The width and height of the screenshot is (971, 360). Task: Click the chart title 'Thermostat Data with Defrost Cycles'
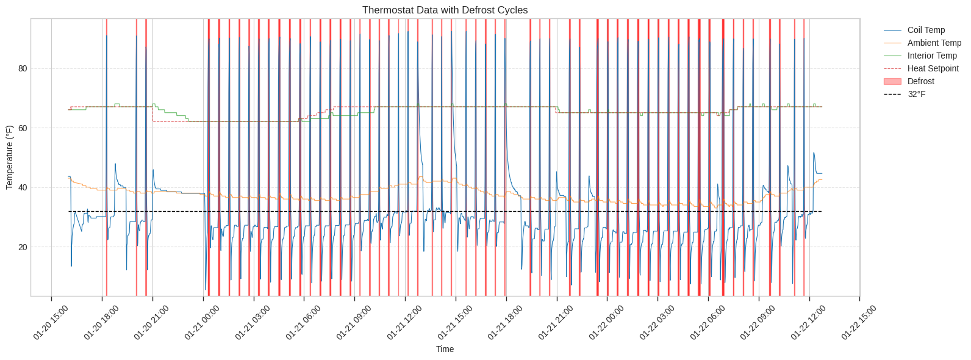pos(445,10)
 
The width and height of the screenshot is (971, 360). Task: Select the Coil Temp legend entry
pos(926,30)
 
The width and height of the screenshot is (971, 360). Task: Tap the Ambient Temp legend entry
pos(934,43)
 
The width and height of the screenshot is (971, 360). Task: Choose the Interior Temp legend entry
pos(932,56)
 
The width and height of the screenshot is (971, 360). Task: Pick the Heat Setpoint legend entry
pos(933,68)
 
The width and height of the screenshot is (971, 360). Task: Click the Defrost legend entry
pos(920,81)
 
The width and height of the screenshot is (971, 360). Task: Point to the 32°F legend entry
pos(916,94)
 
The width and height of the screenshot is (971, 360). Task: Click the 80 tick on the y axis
pos(23,68)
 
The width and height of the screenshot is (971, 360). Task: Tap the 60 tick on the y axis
pos(23,128)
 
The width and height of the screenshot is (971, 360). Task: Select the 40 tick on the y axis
pos(23,187)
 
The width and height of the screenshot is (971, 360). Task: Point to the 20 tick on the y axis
pos(23,247)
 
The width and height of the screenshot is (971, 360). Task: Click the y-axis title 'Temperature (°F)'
pos(9,157)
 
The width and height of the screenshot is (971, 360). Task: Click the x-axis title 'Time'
pos(445,349)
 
